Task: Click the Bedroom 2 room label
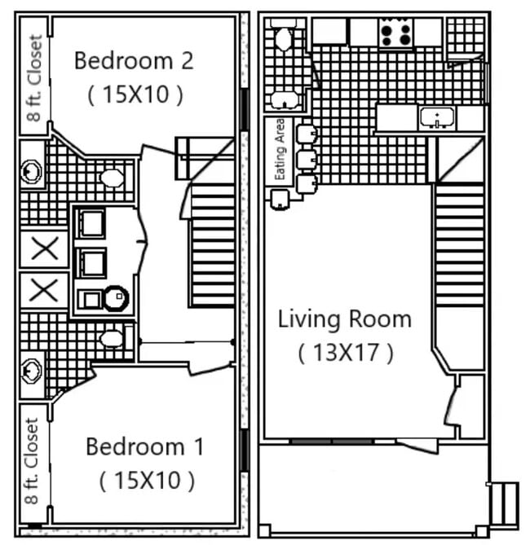click(135, 60)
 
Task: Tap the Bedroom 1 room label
click(146, 446)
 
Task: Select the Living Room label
click(345, 319)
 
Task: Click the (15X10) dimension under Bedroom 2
click(135, 94)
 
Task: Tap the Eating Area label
click(280, 149)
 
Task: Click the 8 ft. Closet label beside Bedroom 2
click(35, 78)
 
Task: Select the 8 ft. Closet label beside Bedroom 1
click(33, 462)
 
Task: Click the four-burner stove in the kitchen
click(396, 33)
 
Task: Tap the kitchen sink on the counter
click(438, 119)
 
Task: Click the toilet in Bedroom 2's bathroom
click(112, 178)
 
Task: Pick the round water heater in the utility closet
click(116, 299)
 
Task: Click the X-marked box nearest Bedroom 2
click(43, 248)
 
